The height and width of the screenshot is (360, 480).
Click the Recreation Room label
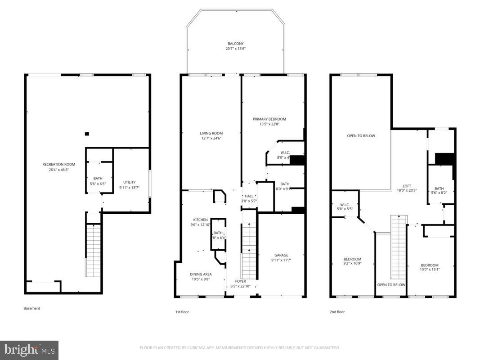pyautogui.click(x=58, y=164)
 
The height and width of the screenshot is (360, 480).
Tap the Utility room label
pyautogui.click(x=127, y=182)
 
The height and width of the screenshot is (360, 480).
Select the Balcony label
pyautogui.click(x=236, y=44)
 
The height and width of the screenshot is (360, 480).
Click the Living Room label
pyautogui.click(x=211, y=133)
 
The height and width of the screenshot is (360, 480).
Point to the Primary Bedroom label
pyautogui.click(x=269, y=119)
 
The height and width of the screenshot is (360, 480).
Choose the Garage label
pyautogui.click(x=281, y=255)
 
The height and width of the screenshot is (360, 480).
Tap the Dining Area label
pyautogui.click(x=200, y=274)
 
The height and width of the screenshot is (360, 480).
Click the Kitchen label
pyautogui.click(x=200, y=220)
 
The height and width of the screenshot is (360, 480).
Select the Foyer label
pyautogui.click(x=240, y=281)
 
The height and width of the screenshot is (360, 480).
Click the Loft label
pyautogui.click(x=407, y=186)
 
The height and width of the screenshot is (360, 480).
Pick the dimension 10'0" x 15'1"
pyautogui.click(x=430, y=270)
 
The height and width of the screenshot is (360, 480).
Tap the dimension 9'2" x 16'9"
pyautogui.click(x=352, y=264)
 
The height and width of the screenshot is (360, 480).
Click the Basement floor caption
pyautogui.click(x=31, y=308)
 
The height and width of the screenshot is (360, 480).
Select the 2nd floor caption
pyautogui.click(x=337, y=311)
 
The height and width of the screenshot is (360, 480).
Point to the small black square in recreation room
pyautogui.click(x=87, y=134)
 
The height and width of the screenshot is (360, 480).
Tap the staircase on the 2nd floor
pyautogui.click(x=398, y=247)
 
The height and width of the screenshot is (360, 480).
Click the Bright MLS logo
pyautogui.click(x=29, y=350)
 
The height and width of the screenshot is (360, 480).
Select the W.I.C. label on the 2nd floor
pyautogui.click(x=345, y=204)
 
